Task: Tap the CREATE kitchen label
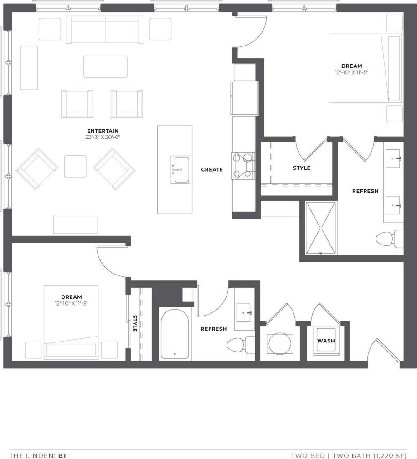[212, 169]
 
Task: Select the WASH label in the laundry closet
[326, 341]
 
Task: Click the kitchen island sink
[180, 170]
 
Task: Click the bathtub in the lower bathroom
[175, 334]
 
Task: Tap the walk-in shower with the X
[321, 228]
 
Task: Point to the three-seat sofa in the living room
[105, 29]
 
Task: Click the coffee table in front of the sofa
[105, 66]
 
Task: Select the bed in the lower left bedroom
[71, 321]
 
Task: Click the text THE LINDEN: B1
[38, 455]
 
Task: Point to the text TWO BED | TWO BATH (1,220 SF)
[349, 455]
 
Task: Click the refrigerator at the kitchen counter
[245, 98]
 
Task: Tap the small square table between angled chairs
[75, 166]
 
